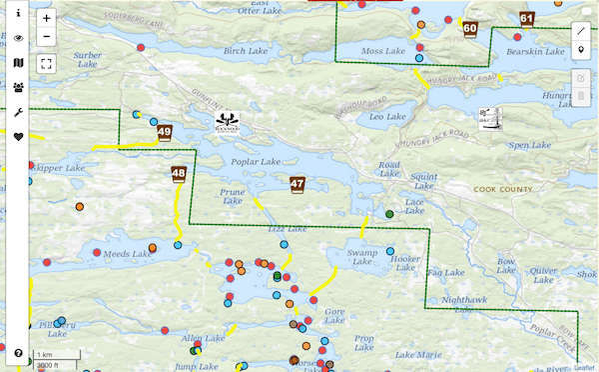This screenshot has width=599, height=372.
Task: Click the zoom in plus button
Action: click(47, 18)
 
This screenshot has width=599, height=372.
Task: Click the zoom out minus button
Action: click(47, 37)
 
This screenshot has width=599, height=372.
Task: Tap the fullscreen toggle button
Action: click(47, 64)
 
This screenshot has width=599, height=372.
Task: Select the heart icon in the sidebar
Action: click(18, 137)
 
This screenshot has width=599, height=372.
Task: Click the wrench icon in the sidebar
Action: click(18, 112)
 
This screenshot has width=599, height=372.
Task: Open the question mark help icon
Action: click(18, 353)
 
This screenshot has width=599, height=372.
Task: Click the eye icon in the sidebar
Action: click(18, 38)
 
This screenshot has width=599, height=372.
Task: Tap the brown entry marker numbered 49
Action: click(164, 132)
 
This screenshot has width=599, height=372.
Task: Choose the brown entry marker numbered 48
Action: click(179, 173)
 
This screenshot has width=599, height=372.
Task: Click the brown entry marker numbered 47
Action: click(297, 184)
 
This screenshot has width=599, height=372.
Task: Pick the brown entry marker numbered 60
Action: click(470, 29)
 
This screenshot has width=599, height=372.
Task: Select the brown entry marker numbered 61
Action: click(527, 18)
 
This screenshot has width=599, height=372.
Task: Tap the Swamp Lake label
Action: click(361, 257)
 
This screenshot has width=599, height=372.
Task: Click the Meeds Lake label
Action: click(127, 254)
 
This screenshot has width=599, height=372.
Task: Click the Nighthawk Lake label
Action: click(464, 300)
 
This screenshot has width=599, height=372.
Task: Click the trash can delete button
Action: click(581, 97)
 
